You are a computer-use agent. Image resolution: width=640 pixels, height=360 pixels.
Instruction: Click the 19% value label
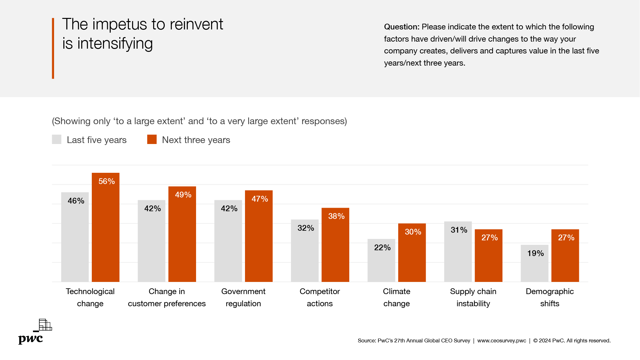point(535,253)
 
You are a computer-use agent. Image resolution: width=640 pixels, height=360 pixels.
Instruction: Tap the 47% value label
point(260,199)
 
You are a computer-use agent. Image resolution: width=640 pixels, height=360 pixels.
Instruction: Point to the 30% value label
point(413,232)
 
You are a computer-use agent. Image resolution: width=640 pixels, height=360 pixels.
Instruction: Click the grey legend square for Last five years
point(57,140)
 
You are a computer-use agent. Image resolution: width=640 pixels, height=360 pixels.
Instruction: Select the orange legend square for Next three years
point(152,140)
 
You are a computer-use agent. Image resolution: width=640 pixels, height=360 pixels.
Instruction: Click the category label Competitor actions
point(320,297)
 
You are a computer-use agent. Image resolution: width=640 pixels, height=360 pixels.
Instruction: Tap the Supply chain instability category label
point(473,297)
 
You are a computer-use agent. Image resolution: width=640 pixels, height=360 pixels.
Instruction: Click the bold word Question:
point(402,27)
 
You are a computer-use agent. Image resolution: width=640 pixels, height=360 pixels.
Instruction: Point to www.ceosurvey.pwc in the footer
point(502,341)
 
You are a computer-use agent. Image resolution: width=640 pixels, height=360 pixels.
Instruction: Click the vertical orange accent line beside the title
point(53,48)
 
